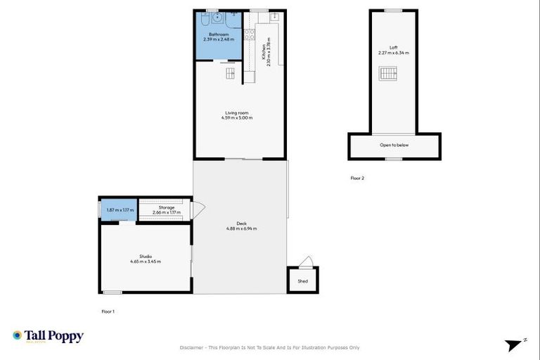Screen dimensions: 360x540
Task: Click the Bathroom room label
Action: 219,34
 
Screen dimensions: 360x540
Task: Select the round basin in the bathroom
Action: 217,16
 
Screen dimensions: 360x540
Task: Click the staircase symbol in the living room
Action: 230,73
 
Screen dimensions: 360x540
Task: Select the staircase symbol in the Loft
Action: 389,73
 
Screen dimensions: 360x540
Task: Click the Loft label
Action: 393,48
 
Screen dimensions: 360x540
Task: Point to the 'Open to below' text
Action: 394,145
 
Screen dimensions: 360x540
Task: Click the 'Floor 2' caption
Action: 357,179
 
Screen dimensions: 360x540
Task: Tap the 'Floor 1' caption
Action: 108,310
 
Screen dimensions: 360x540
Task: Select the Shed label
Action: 302,281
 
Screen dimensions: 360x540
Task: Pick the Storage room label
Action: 166,207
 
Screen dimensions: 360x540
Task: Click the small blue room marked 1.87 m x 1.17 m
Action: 118,210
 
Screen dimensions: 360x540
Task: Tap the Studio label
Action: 146,256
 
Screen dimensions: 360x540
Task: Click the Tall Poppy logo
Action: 48,336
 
